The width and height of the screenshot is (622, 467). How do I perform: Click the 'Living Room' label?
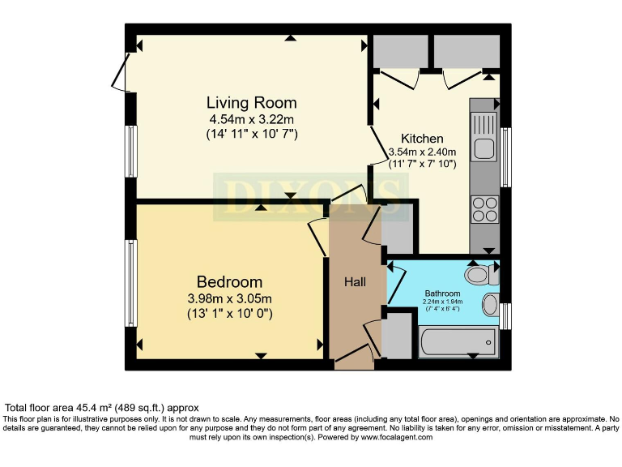click(251, 103)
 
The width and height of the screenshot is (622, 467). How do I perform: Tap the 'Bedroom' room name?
click(230, 282)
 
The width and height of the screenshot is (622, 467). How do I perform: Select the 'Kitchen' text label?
click(422, 138)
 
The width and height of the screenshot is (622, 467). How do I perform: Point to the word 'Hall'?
click(355, 282)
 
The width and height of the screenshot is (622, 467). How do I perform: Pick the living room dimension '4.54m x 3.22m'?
click(251, 119)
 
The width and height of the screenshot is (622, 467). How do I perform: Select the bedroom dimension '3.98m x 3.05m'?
click(230, 298)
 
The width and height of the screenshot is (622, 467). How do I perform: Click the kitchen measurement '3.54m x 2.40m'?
click(422, 152)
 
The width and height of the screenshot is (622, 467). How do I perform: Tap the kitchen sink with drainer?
click(485, 136)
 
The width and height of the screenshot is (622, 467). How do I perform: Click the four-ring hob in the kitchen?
click(484, 209)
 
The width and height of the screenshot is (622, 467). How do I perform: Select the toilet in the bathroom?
click(484, 274)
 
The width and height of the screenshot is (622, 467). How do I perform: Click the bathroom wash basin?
click(491, 306)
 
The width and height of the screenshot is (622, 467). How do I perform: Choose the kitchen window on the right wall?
click(505, 157)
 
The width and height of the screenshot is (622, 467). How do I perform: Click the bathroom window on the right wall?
click(505, 316)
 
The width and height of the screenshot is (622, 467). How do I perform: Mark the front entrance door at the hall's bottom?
click(355, 358)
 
